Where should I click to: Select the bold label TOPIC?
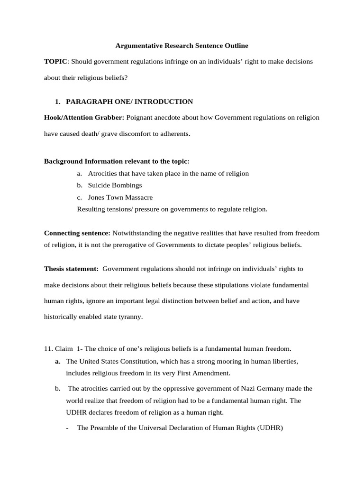point(56,62)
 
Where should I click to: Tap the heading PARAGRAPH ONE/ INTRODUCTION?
point(129,102)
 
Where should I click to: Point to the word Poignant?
point(141,117)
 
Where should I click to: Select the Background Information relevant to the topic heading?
point(117,161)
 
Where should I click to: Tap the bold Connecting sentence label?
point(77,233)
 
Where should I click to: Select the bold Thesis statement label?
point(71,269)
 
